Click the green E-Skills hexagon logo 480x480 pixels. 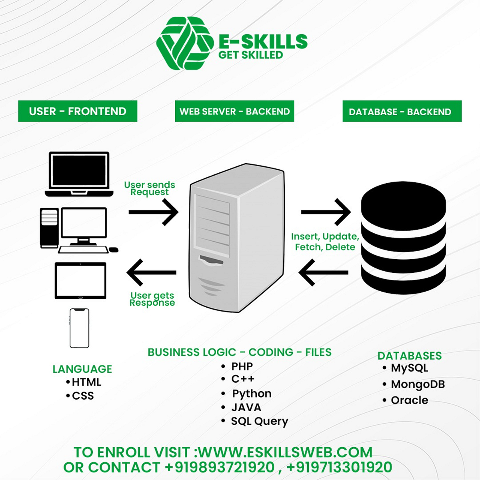coord(184,43)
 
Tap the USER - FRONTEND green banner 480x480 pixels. coord(78,111)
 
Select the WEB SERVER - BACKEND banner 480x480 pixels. coord(234,111)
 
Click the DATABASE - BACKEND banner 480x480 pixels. coord(402,112)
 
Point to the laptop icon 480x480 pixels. coord(79,174)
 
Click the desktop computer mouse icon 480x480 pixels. coord(114,250)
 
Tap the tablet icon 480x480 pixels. coord(80,281)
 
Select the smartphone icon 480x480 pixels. coord(79,328)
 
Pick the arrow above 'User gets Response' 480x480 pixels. coord(152,272)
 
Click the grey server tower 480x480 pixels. coord(236,238)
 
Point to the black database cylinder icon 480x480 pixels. coord(403,238)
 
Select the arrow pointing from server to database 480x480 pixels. coord(326,212)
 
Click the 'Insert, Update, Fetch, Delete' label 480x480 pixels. coord(325,242)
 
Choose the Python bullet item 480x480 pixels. coord(251,394)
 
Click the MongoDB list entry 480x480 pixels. coord(417,384)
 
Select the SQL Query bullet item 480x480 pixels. coord(259,421)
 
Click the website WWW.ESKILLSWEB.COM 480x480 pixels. coord(286,452)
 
